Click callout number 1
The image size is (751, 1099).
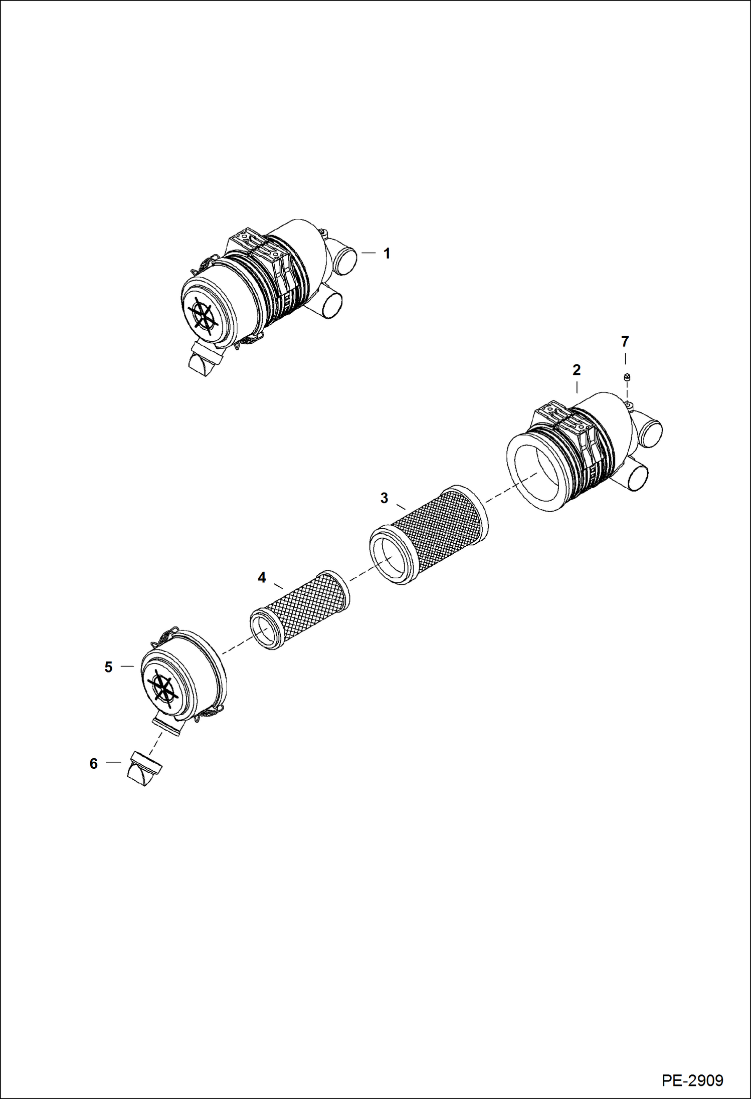[x=387, y=254]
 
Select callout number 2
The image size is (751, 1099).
[x=577, y=370]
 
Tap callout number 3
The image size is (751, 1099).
[x=384, y=498]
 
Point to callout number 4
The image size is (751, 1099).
[x=262, y=578]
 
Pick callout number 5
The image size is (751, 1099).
[x=109, y=667]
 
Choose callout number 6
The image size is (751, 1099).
[x=94, y=763]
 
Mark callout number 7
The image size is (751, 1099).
[x=625, y=342]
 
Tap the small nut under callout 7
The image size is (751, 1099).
[x=627, y=377]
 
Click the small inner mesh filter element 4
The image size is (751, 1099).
[x=301, y=609]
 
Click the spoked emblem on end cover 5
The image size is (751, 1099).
[x=161, y=687]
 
